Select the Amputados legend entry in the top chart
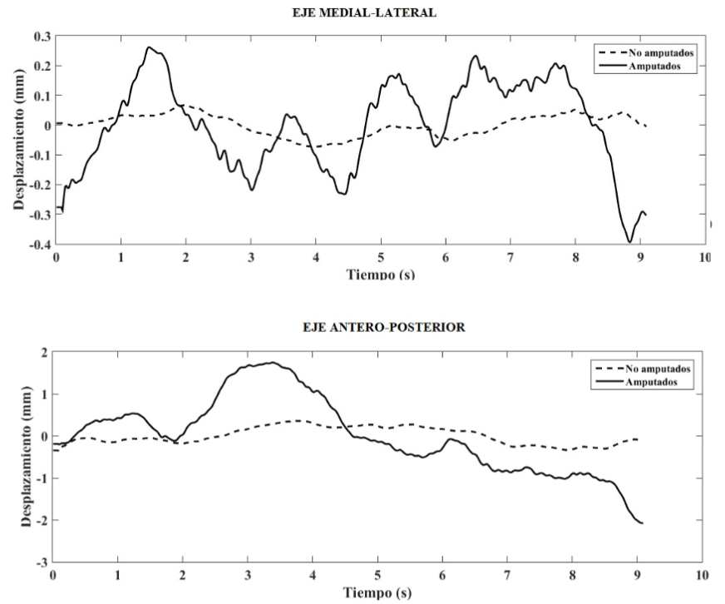pos(665,67)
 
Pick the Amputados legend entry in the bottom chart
pos(665,380)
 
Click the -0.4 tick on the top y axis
pos(39,245)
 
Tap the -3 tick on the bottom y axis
pos(43,562)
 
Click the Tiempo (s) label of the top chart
pos(379,275)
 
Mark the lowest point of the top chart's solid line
pos(630,242)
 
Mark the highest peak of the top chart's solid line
pos(149,47)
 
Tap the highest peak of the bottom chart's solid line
pos(271,363)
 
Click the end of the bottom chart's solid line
pos(643,523)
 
